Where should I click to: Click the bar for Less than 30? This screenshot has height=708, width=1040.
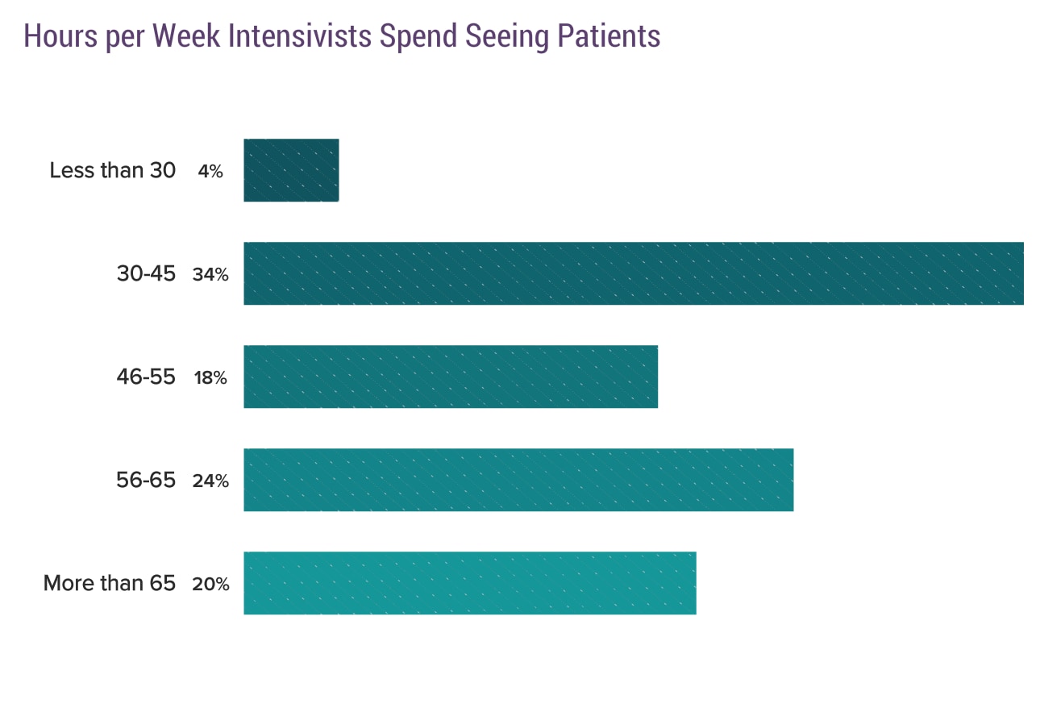pos(291,170)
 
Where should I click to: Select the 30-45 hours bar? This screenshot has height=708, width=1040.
pos(634,273)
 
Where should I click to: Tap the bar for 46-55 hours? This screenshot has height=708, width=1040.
pos(451,377)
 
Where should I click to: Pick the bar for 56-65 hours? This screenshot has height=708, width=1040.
pos(518,480)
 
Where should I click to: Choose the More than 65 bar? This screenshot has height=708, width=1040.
pos(470,583)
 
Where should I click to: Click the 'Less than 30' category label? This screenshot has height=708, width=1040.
pos(112,171)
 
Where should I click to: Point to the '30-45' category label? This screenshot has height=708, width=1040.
pos(146,274)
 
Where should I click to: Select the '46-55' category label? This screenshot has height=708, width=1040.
pos(146,377)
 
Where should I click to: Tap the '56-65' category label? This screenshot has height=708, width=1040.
pos(146,481)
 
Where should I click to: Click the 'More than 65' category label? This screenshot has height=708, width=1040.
pos(109,584)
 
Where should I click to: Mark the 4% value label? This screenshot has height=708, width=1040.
pos(210,172)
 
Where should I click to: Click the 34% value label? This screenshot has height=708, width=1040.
pos(210,275)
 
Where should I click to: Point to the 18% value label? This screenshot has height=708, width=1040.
pos(210,378)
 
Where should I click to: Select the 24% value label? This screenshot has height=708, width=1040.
pos(210,481)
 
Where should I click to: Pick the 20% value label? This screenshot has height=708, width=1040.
pos(210,585)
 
